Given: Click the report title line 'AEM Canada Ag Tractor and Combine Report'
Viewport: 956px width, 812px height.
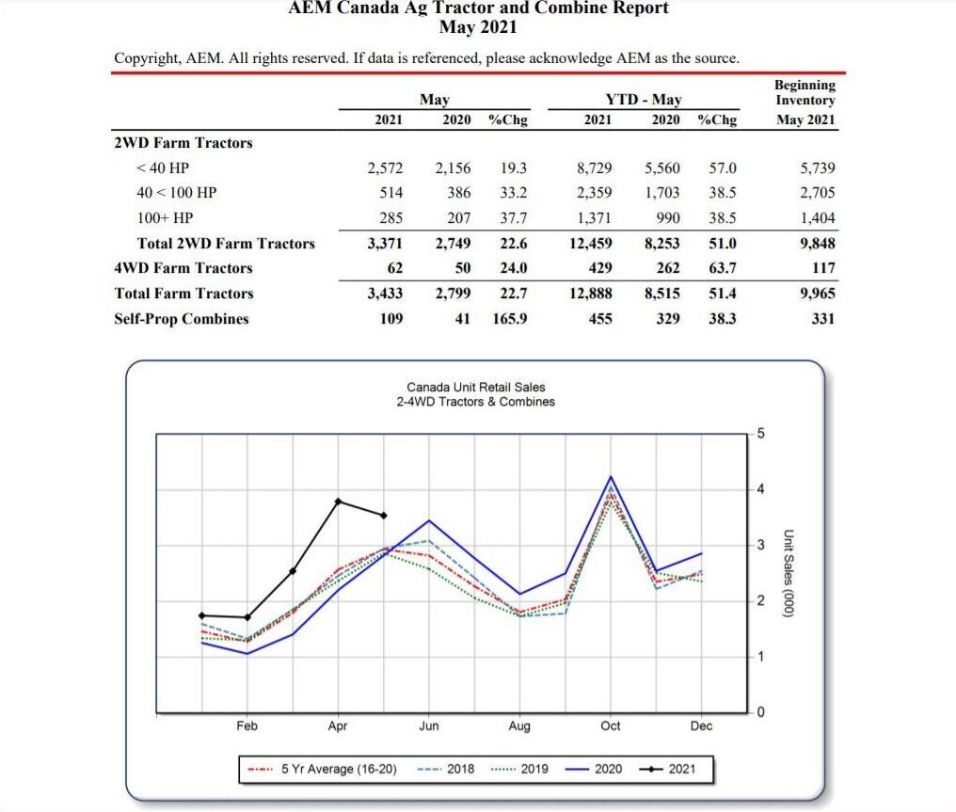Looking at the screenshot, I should pos(478,8).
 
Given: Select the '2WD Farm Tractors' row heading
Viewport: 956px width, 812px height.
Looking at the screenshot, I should pos(183,143).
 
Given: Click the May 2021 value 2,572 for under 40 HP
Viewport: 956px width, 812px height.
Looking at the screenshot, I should pos(385,168).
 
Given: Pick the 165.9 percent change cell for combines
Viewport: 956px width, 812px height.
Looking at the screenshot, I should pos(509,319).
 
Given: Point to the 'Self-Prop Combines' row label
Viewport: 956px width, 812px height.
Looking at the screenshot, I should pos(182,319).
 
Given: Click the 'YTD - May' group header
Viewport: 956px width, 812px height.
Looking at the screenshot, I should pos(644,100).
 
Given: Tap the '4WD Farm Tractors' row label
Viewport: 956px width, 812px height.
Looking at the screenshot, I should pos(183,268).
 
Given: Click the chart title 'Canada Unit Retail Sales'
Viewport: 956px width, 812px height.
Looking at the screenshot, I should pos(475,387).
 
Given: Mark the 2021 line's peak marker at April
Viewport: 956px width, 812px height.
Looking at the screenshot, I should pos(338,501).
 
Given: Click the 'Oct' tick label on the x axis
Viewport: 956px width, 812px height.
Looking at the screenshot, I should pos(611,726).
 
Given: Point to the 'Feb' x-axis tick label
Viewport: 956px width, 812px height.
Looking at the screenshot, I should pos(247,726).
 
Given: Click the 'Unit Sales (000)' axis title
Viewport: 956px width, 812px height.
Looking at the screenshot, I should pos(789,572).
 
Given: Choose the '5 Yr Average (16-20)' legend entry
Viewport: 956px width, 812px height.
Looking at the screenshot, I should pos(339,770).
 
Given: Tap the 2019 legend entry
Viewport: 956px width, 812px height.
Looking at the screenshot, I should pos(534,770).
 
